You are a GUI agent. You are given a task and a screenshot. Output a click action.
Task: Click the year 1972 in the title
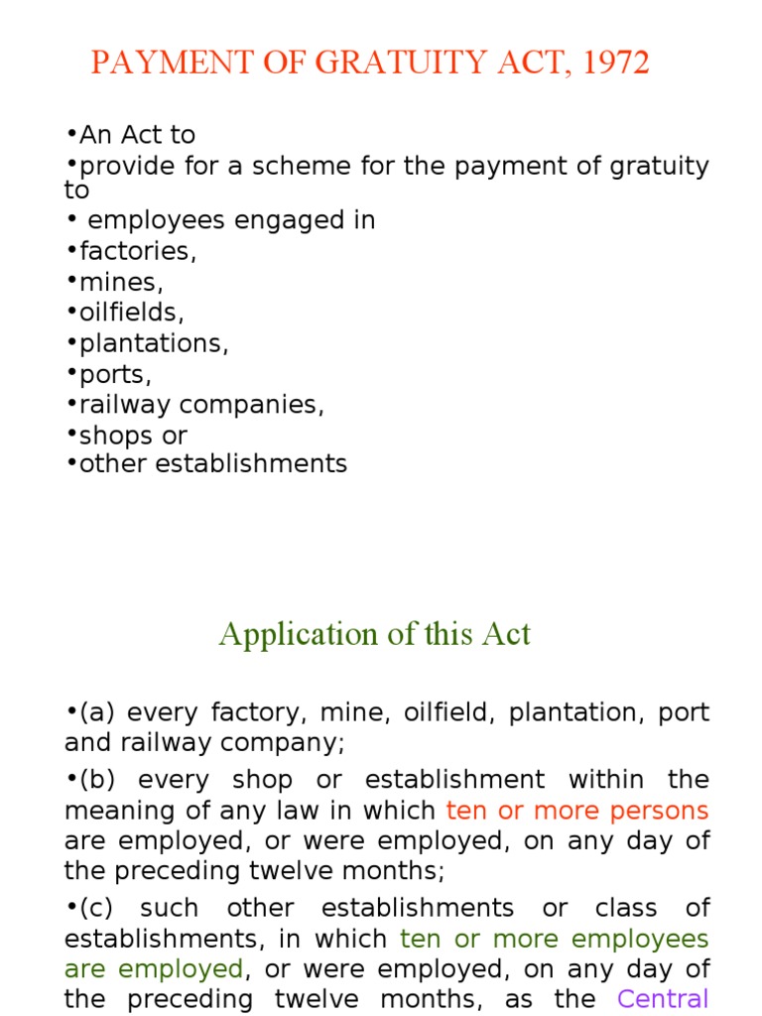(615, 63)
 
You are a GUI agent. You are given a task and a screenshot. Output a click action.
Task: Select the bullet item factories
(138, 251)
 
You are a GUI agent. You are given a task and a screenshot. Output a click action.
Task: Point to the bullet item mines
(121, 282)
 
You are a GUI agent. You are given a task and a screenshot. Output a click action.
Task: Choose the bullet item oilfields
(132, 313)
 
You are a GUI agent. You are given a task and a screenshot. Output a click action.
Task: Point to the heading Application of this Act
(375, 634)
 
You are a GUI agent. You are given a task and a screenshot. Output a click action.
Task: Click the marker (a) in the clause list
(98, 712)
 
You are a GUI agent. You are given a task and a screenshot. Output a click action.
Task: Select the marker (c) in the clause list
(98, 908)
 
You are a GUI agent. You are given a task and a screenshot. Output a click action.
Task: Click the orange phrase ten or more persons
(577, 811)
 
